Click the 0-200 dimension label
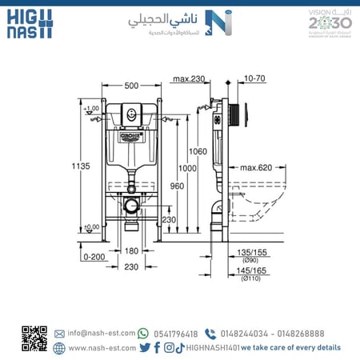pyautogui.click(x=94, y=257)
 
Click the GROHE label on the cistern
pyautogui.click(x=130, y=137)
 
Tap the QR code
pyautogui.click(x=34, y=339)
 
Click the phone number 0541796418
pyautogui.click(x=175, y=334)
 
